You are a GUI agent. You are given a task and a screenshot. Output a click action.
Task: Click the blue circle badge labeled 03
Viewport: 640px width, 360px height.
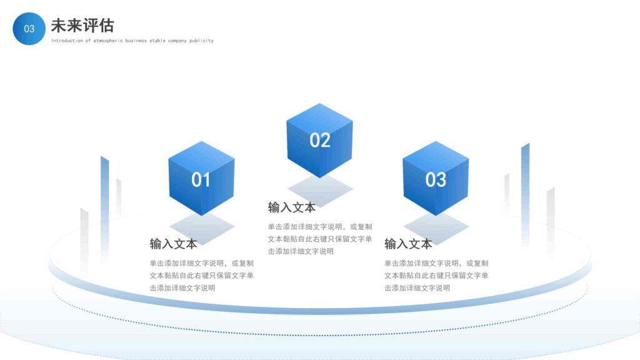click(29, 29)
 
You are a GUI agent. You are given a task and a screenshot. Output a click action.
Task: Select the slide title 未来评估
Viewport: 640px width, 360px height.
click(82, 26)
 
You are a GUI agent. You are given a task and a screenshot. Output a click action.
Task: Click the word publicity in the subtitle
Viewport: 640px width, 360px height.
click(202, 41)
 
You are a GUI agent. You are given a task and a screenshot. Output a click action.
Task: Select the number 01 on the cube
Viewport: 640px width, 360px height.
click(201, 180)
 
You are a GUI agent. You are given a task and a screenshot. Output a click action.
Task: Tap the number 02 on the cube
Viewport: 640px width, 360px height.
click(319, 140)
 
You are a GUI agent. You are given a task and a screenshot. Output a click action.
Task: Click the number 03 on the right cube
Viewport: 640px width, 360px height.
click(436, 180)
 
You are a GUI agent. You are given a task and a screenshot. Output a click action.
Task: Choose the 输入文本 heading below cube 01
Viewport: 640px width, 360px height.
click(173, 244)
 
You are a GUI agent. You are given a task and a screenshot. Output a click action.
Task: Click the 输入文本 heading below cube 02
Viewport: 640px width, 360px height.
click(292, 207)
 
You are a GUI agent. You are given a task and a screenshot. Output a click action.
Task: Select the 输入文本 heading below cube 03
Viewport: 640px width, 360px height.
click(408, 244)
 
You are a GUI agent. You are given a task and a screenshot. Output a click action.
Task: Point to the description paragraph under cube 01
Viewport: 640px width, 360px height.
click(201, 276)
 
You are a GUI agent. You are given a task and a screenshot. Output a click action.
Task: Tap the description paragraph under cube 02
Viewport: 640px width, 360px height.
click(319, 239)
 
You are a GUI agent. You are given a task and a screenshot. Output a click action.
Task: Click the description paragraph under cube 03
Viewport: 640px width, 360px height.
click(436, 276)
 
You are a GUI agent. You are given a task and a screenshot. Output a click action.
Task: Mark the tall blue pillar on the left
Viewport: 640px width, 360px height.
click(104, 200)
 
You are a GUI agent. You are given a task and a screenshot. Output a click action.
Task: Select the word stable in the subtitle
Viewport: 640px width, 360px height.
click(157, 41)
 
